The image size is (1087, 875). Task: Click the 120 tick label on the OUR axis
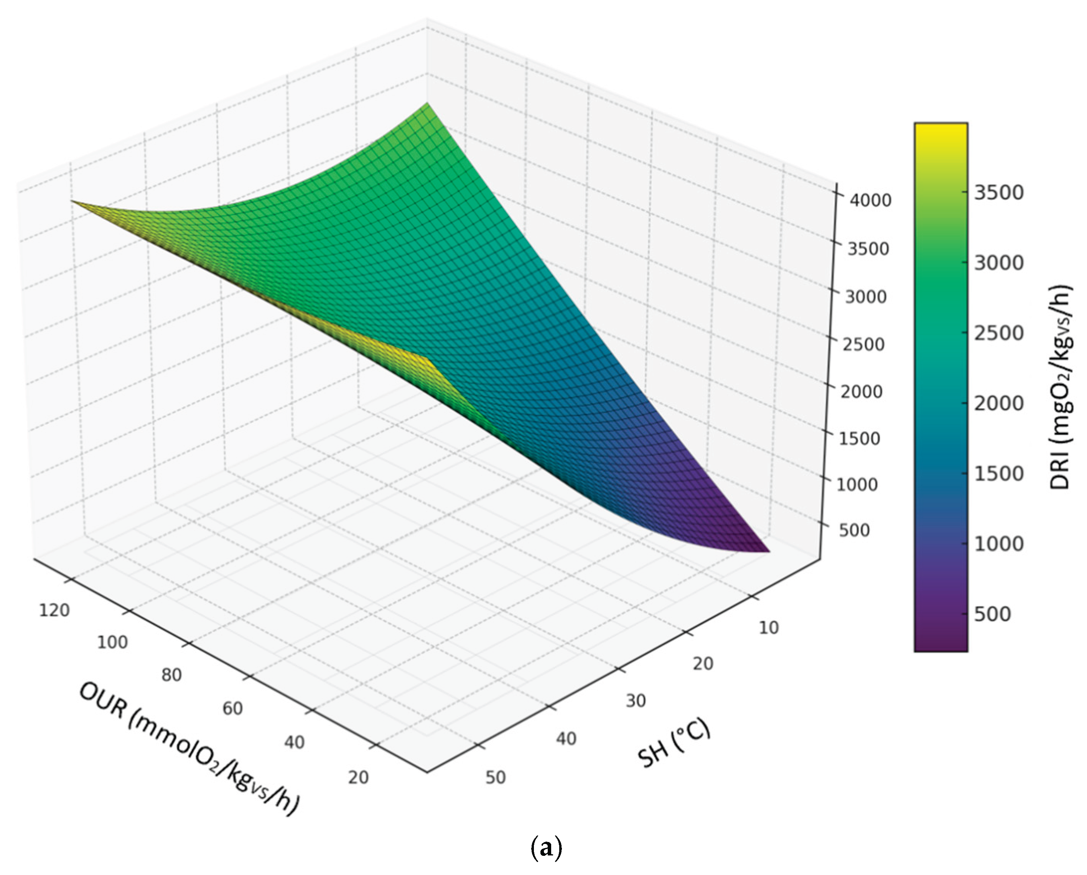(54, 610)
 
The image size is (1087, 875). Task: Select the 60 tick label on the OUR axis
(233, 708)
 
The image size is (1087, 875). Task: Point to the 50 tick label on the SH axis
(495, 777)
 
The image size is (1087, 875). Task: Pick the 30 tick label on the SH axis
(636, 701)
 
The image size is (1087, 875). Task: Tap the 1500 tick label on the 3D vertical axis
(859, 438)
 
